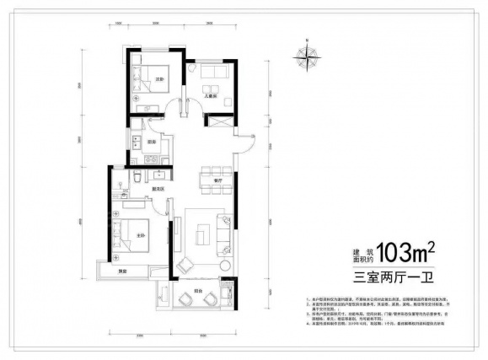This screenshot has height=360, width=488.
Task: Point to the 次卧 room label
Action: click(157, 79)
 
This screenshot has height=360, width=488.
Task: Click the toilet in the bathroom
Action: click(137, 179)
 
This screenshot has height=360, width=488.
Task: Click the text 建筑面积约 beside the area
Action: click(362, 252)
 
